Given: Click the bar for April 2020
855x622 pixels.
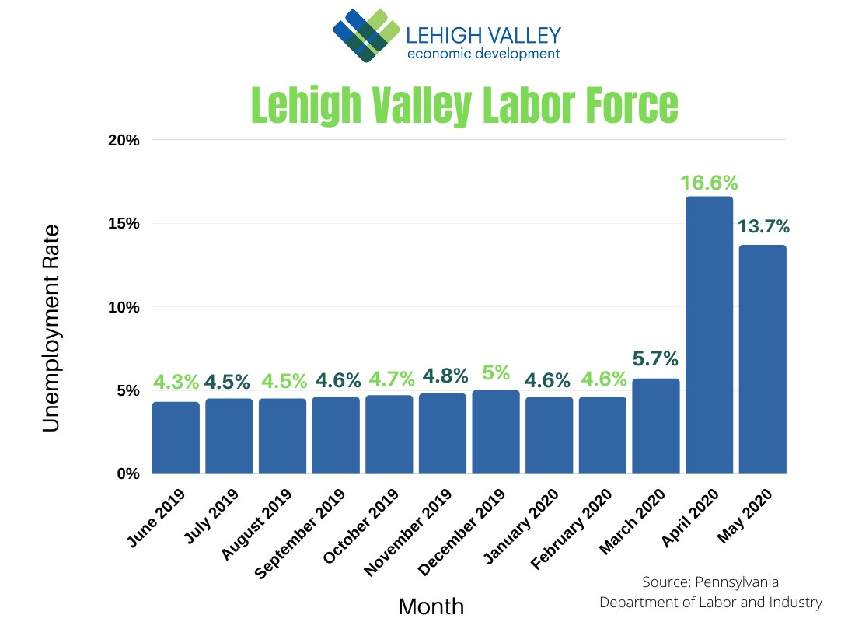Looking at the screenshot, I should (709, 335).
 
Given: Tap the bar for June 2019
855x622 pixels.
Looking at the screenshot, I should (176, 438).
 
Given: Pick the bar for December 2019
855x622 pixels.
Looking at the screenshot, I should (496, 432).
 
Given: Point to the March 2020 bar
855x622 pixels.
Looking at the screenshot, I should (656, 426).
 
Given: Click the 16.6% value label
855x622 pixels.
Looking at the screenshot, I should (709, 183).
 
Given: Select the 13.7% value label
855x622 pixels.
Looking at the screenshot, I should (763, 226).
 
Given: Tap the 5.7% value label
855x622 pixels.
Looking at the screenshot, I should (656, 359).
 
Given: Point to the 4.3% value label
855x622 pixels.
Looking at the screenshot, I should (176, 383).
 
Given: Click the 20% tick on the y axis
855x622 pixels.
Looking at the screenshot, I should (124, 141).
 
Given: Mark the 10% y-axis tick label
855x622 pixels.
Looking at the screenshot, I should (124, 307).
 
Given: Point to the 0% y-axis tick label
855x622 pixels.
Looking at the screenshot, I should (127, 473).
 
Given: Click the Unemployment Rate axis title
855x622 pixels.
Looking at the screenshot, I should (51, 329).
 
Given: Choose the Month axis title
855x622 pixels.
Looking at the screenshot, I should (431, 606).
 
